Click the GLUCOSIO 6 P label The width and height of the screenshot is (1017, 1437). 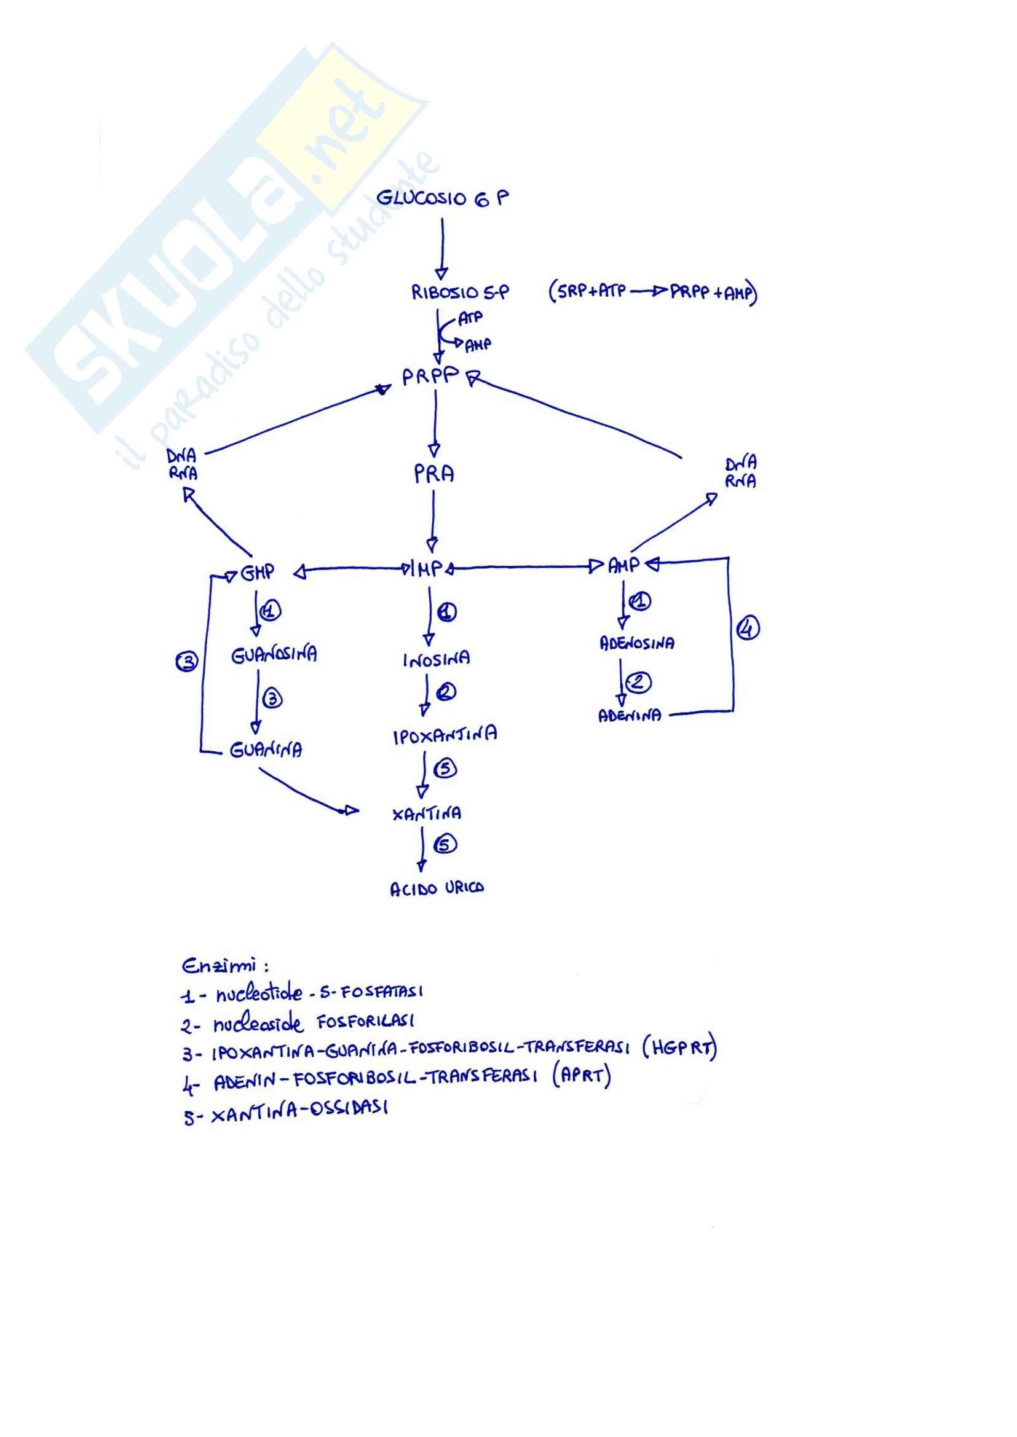(442, 198)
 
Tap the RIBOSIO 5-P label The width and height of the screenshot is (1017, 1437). (460, 292)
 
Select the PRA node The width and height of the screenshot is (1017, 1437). (434, 474)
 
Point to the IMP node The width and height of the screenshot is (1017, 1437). (429, 569)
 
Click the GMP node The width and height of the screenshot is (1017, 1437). (258, 572)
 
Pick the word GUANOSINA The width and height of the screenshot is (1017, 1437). (274, 655)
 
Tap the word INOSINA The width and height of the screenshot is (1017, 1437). (436, 659)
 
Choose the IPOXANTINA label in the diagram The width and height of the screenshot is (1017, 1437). (445, 735)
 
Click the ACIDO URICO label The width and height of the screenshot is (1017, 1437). (437, 889)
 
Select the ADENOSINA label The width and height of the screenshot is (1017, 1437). (637, 643)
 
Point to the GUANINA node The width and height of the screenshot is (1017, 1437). (266, 749)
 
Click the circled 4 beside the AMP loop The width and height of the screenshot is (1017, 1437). (748, 628)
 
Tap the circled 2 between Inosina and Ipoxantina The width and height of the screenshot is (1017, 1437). (446, 692)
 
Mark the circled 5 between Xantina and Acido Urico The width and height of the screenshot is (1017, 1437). (445, 844)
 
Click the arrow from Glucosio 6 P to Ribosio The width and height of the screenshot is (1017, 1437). (441, 247)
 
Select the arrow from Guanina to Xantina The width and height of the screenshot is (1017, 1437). (307, 794)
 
